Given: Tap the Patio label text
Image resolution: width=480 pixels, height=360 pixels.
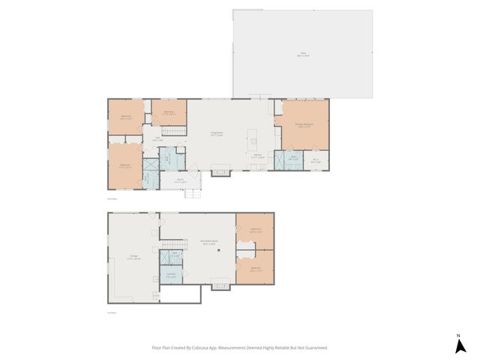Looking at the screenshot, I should tap(304, 54).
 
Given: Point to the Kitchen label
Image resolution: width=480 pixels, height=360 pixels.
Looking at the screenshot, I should tap(256, 156).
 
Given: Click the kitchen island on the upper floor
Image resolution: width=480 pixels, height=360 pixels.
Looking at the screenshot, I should tap(254, 142).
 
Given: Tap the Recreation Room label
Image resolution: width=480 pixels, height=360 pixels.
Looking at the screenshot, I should tap(208, 242).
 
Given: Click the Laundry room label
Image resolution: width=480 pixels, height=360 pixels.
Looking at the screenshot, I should tap(171, 275).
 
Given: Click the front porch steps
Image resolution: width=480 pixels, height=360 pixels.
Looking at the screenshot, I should tap(193, 193).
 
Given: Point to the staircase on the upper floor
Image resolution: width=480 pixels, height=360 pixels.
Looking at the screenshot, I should tap(174, 130).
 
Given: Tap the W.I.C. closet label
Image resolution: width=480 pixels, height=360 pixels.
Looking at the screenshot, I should tap(316, 160).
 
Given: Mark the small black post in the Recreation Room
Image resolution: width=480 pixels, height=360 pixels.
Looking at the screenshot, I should tap(218, 250).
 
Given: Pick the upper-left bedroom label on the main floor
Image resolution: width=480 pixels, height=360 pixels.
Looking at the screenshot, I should tap(125, 117).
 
